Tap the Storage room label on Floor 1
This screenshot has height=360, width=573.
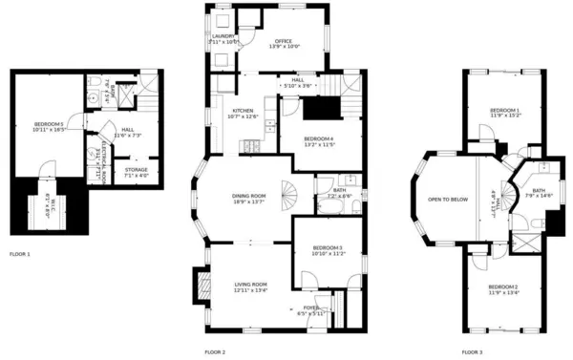click(x=136, y=171)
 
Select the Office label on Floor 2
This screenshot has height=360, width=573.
click(x=283, y=42)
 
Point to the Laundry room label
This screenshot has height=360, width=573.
click(x=223, y=37)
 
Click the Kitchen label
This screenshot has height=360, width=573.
click(x=244, y=111)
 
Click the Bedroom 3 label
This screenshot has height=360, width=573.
click(x=328, y=249)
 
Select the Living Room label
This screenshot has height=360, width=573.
click(x=250, y=284)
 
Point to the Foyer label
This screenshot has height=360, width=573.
click(x=311, y=307)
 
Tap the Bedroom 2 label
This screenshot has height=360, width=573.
click(x=502, y=286)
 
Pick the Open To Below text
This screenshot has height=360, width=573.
click(x=447, y=199)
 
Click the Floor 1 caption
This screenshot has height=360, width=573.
click(x=19, y=255)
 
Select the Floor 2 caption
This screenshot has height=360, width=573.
click(x=215, y=352)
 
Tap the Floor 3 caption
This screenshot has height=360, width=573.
click(x=472, y=352)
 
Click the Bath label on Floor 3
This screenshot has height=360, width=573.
click(x=539, y=190)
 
